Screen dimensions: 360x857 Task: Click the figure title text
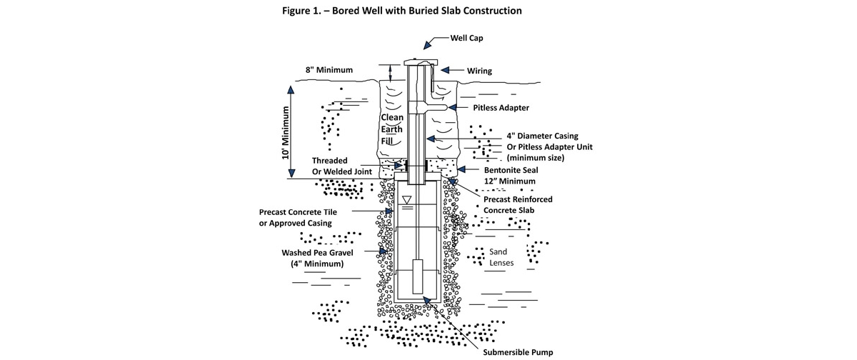click(429, 11)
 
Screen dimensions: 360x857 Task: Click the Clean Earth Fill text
click(391, 129)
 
